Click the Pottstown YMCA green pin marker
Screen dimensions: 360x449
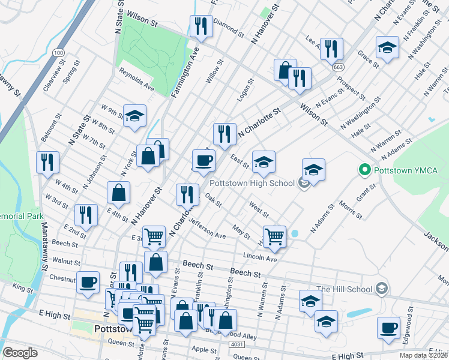point(363,170)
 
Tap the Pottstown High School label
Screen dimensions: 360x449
point(252,182)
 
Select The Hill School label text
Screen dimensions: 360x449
point(344,289)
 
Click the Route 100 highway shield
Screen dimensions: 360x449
point(58,53)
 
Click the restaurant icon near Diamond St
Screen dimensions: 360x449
point(200,26)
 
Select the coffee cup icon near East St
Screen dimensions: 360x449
point(203,160)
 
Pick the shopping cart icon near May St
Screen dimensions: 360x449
point(274,236)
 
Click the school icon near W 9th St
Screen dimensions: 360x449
point(135,116)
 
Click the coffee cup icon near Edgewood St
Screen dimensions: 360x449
point(388,328)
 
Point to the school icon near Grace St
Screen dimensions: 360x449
point(387,48)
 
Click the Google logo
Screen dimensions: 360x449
point(20,353)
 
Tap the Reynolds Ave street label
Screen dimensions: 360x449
point(136,79)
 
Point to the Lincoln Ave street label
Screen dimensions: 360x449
point(260,257)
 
